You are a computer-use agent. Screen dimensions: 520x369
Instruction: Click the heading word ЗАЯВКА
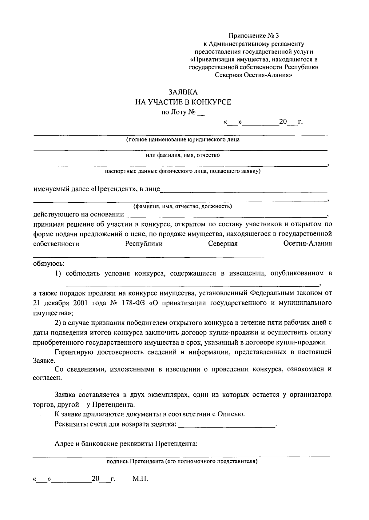(x=183, y=92)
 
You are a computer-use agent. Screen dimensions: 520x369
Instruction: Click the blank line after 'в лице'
(x=244, y=189)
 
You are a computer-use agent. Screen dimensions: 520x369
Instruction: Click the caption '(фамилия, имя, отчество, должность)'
(x=180, y=206)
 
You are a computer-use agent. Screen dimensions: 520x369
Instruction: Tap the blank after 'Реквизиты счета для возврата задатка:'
(x=227, y=425)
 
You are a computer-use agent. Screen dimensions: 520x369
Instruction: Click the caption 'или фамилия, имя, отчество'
(x=183, y=155)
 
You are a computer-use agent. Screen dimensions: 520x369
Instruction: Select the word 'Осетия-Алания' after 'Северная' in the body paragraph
(x=307, y=244)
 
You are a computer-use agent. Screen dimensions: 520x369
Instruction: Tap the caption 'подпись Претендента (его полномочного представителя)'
(x=182, y=462)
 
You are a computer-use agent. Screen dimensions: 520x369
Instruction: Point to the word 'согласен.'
(x=47, y=378)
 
